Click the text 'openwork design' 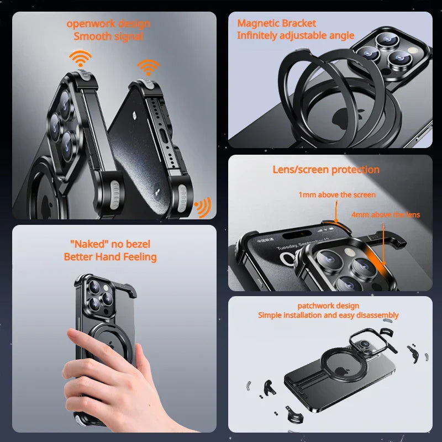pyautogui.click(x=108, y=24)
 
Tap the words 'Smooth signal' pyautogui.click(x=108, y=36)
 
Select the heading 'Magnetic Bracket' pyautogui.click(x=276, y=23)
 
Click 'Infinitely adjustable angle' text pyautogui.click(x=295, y=35)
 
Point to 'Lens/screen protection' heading pyautogui.click(x=326, y=170)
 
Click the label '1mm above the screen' pyautogui.click(x=337, y=195)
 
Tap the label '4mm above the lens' pyautogui.click(x=385, y=214)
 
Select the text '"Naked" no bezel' pyautogui.click(x=110, y=244)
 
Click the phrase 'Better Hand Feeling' pyautogui.click(x=110, y=257)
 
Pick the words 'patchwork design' pyautogui.click(x=328, y=306)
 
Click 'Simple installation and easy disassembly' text pyautogui.click(x=328, y=315)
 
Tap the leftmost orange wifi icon pyautogui.click(x=80, y=59)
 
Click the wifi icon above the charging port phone pyautogui.click(x=148, y=67)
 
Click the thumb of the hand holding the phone pyautogui.click(x=77, y=336)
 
